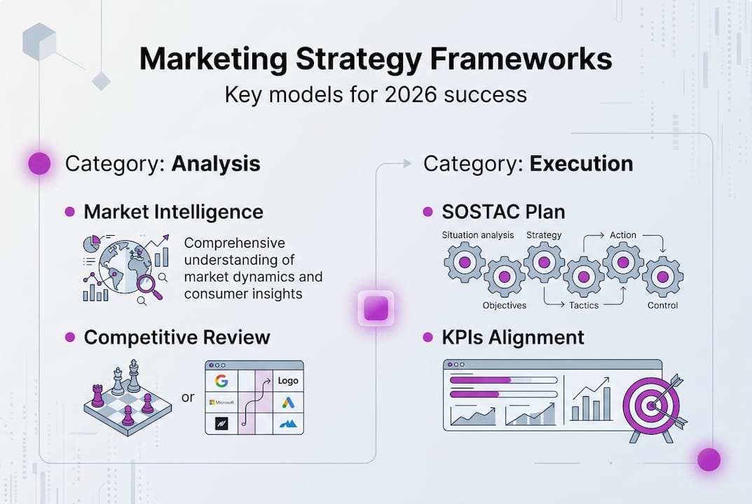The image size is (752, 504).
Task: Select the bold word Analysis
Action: [x=216, y=164]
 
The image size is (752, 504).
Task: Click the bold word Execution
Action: [x=581, y=164]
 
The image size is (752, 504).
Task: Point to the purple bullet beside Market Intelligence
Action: [x=69, y=211]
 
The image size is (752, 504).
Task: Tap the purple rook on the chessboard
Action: [x=97, y=395]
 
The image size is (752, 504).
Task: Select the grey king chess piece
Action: [x=133, y=376]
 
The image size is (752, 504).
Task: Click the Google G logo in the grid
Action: [x=222, y=381]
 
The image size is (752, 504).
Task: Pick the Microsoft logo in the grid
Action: [x=221, y=402]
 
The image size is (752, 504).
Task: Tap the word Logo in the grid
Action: [x=288, y=381]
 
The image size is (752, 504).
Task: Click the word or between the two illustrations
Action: [x=187, y=398]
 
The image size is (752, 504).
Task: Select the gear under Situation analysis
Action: [x=465, y=262]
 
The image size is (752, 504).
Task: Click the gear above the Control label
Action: [x=662, y=276]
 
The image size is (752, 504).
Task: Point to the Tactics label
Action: [x=583, y=305]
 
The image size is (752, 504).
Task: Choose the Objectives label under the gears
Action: [x=504, y=305]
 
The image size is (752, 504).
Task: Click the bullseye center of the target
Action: [x=652, y=405]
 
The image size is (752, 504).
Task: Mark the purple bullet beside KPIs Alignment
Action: [x=428, y=337]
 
